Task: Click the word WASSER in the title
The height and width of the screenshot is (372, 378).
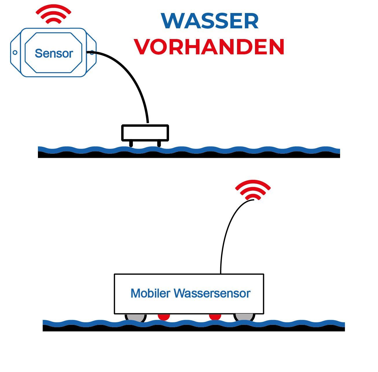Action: (x=210, y=21)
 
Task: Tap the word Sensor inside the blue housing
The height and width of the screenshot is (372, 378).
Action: (x=54, y=53)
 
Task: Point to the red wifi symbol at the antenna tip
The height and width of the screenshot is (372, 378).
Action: (x=253, y=189)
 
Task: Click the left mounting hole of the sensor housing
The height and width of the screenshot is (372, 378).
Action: (x=15, y=53)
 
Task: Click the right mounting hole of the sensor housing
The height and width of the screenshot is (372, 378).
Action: (x=92, y=53)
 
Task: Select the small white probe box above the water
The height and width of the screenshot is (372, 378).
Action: (x=145, y=133)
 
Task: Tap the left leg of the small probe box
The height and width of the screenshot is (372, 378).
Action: (x=131, y=144)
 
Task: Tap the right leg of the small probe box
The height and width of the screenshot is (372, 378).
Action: (x=159, y=144)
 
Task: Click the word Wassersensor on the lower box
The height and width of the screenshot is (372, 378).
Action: (x=212, y=293)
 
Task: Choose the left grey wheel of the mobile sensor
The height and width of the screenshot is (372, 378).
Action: (x=135, y=317)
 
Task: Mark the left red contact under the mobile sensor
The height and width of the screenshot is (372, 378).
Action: (x=164, y=317)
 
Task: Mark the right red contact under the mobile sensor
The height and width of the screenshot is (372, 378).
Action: (x=215, y=317)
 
